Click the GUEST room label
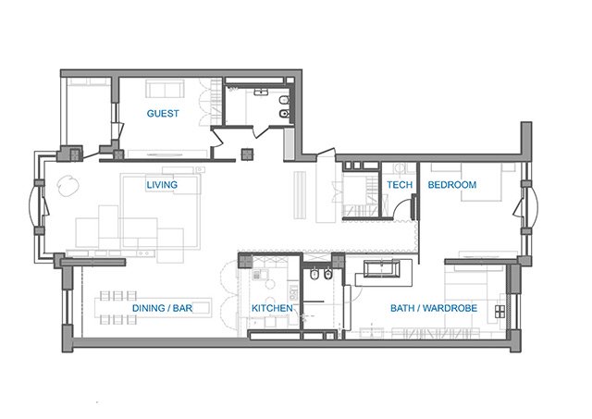coord(163,113)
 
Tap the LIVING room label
coord(162,185)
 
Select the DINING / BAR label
coord(163,308)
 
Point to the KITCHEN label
coord(272,308)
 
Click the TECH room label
coord(400,185)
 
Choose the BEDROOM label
coord(452,185)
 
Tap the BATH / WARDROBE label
coord(434,308)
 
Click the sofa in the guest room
coord(165,89)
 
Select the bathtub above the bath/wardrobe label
coord(382,268)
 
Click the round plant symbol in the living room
coord(68,186)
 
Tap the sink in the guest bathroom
coord(261,92)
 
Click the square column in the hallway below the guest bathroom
coord(248,154)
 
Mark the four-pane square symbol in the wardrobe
coord(499,312)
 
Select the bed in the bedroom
coord(481,182)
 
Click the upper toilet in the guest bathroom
coord(284,101)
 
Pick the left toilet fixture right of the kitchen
coord(314,275)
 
